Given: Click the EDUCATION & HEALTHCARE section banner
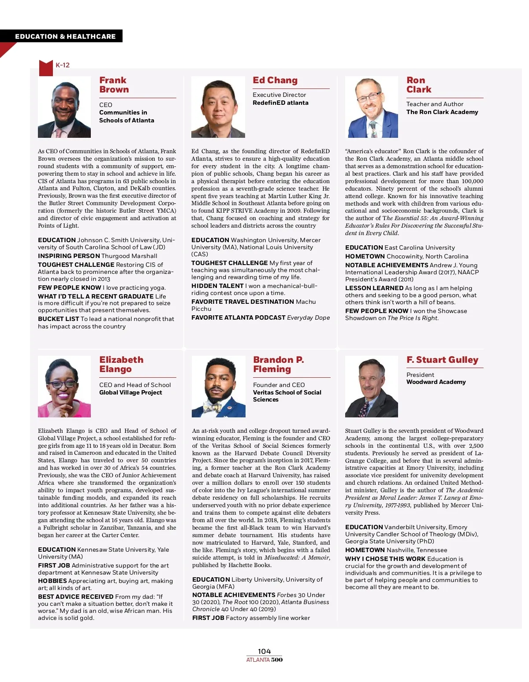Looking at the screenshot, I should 65,37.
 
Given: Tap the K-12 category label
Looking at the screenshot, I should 63,65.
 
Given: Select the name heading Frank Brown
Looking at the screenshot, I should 114,85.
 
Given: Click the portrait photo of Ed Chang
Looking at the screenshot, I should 218,107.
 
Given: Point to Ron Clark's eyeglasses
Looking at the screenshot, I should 369,97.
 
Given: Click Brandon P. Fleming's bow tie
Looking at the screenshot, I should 213,406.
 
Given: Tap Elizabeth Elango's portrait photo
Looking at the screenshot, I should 64,387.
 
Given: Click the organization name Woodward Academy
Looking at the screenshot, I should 436,382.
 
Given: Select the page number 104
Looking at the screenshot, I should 264,651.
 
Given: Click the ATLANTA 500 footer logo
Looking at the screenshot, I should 264,660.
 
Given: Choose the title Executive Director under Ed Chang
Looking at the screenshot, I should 279,95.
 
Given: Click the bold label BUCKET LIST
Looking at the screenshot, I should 59,319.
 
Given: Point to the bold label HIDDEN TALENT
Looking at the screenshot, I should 217,286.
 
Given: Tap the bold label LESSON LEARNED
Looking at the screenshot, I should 374,288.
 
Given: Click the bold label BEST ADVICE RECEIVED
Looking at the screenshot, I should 75,597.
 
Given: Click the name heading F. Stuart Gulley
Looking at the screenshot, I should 442,360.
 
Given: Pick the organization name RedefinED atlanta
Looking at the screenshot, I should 280,103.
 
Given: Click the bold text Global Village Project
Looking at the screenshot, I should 130,393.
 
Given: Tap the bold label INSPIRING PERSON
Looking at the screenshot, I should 69,256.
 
